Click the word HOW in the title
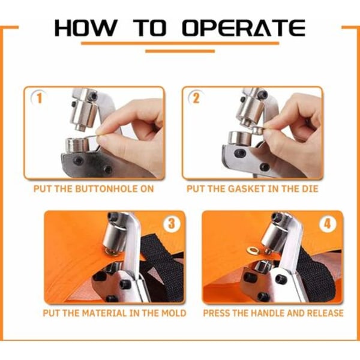pyautogui.click(x=85, y=28)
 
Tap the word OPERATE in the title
pyautogui.click(x=244, y=28)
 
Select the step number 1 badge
pyautogui.click(x=39, y=98)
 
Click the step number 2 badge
pyautogui.click(x=196, y=98)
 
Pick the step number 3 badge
pyautogui.click(x=172, y=223)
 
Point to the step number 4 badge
pyautogui.click(x=328, y=223)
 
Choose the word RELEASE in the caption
pyautogui.click(x=325, y=313)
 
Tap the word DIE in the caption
pyautogui.click(x=310, y=189)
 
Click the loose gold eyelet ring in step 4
pyautogui.click(x=252, y=250)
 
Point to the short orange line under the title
pyautogui.click(x=180, y=51)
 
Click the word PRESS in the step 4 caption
pyautogui.click(x=215, y=313)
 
